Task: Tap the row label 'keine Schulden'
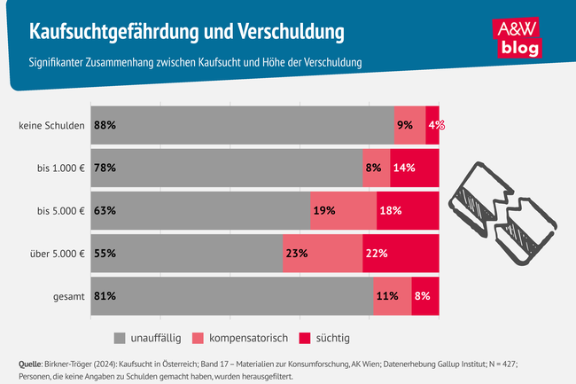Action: point(51,125)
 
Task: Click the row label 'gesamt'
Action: point(67,296)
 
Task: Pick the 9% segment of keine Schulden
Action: point(409,125)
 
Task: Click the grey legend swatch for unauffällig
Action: point(121,338)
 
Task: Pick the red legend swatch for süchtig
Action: point(305,338)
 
